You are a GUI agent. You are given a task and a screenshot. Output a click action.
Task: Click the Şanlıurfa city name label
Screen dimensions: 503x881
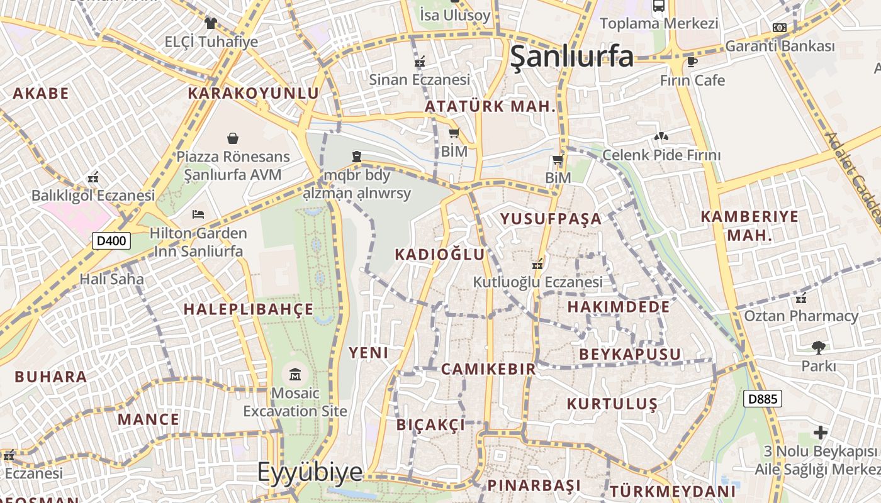point(571,56)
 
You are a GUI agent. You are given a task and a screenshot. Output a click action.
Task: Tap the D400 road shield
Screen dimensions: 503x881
point(111,240)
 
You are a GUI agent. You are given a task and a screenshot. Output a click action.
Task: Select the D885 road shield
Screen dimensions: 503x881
point(762,399)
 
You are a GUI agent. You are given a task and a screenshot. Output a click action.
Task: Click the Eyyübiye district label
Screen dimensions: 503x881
point(310,472)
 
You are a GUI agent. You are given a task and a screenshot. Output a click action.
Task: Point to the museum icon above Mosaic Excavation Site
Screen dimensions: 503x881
point(295,375)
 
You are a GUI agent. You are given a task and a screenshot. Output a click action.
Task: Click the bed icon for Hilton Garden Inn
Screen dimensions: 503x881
point(198,214)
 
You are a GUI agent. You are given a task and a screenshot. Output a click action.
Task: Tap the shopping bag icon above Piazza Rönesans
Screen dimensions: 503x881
point(233,138)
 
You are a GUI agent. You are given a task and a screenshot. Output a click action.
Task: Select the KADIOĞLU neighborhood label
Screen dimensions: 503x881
point(440,255)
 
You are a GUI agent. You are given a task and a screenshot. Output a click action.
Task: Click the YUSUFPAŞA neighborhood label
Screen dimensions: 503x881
point(551,219)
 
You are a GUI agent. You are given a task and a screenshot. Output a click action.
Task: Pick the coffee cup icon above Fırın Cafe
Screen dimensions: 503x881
point(692,62)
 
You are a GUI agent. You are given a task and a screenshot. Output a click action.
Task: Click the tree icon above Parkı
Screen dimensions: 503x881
point(818,346)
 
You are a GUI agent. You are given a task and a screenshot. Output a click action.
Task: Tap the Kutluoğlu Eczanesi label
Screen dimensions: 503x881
point(538,282)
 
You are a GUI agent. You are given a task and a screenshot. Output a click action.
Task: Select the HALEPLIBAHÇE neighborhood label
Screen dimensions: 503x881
point(248,309)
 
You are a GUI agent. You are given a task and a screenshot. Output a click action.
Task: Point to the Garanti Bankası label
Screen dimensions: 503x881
point(780,46)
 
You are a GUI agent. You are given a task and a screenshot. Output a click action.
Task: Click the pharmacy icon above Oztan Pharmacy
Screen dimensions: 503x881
point(801,297)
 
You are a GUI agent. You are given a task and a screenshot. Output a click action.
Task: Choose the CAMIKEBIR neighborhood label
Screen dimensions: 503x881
point(488,369)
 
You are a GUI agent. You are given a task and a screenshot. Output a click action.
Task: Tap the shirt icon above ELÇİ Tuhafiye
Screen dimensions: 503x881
point(210,23)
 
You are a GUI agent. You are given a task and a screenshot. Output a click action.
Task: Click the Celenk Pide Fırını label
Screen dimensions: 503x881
point(661,155)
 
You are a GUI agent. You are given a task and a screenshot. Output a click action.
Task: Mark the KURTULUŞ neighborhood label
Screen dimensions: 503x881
point(612,404)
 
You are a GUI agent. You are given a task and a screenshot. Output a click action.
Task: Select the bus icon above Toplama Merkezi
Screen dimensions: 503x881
point(659,6)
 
